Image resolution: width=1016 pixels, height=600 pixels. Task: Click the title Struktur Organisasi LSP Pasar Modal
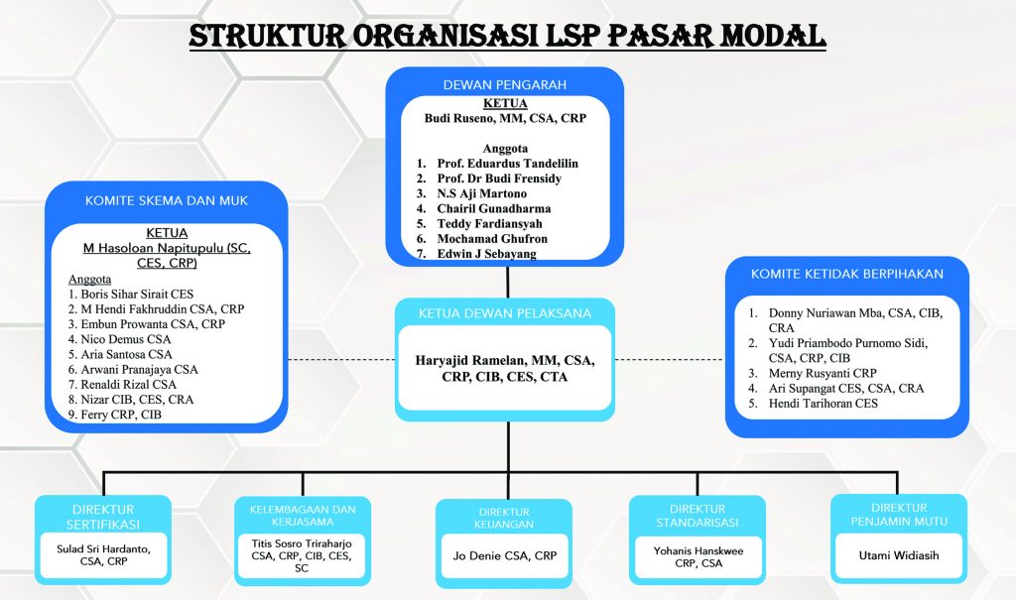pos(507,36)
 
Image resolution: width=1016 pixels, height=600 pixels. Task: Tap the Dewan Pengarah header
pos(505,85)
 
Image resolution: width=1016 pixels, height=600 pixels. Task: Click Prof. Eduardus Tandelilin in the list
pos(507,163)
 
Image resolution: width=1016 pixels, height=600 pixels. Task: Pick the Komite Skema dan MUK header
pos(166,201)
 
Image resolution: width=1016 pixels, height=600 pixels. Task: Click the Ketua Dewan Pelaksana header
pos(505,313)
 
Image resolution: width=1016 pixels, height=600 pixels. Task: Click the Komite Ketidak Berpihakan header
pos(846,274)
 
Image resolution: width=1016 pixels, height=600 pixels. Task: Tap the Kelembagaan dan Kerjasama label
pos(302,516)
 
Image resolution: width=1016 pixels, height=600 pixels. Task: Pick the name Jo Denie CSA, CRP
pos(504,556)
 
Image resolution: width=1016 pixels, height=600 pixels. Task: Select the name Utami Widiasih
pos(898,555)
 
